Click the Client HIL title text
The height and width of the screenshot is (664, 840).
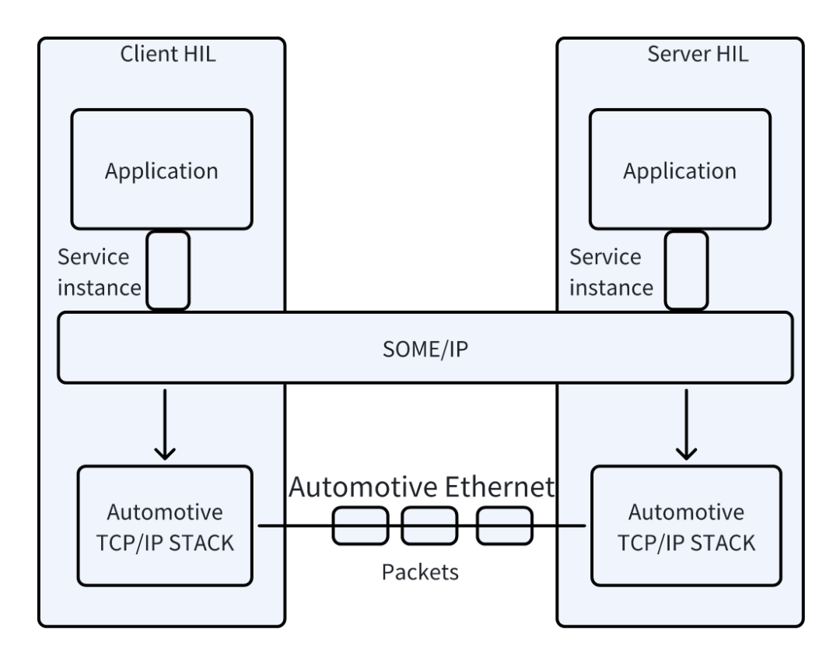point(168,54)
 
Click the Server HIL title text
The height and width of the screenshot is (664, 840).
point(698,54)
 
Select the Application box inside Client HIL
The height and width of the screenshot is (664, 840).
point(162,170)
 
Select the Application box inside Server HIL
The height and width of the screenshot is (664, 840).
point(680,170)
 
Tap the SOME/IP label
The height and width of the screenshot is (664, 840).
point(425,350)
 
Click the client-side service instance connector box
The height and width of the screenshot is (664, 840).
point(168,270)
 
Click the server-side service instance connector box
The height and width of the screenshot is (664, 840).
point(686,270)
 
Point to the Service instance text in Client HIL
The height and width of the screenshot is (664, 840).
point(99,272)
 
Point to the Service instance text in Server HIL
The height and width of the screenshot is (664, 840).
point(611,272)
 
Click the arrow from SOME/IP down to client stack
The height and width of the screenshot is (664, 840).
point(165,425)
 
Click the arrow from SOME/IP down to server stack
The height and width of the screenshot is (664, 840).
point(686,425)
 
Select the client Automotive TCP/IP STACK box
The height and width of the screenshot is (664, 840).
point(165,525)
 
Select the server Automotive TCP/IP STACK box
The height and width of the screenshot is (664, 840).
point(686,525)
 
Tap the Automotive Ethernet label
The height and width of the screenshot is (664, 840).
point(422,487)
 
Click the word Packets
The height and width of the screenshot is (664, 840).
point(420,572)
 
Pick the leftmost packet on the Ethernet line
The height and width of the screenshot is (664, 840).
point(361,525)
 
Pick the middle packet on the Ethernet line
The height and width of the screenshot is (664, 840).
point(429,525)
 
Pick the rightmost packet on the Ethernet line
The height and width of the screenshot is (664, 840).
point(505,525)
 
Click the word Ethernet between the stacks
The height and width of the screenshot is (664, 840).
point(499,487)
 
